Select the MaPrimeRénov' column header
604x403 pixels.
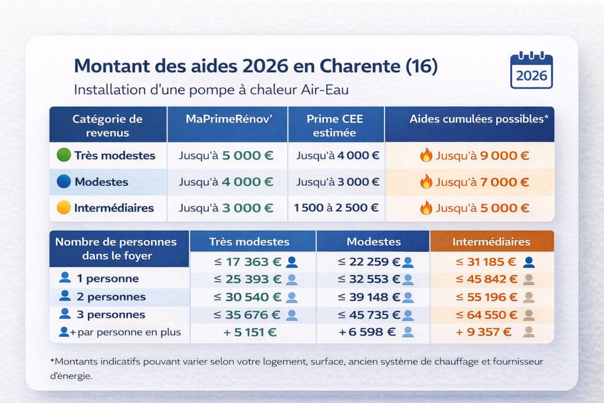tap(227, 119)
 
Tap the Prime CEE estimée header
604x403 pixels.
tap(335, 125)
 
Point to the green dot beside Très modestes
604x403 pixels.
tap(63, 156)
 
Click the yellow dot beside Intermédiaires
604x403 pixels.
tap(63, 208)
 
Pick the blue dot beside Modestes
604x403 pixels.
tap(63, 182)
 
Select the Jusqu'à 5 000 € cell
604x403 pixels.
tap(226, 156)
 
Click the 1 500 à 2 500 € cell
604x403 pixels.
tap(336, 208)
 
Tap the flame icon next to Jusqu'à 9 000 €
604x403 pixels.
tap(426, 156)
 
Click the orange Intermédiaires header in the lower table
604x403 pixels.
tap(491, 242)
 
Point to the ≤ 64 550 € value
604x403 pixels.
tap(487, 314)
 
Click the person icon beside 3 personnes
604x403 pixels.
tap(65, 314)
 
